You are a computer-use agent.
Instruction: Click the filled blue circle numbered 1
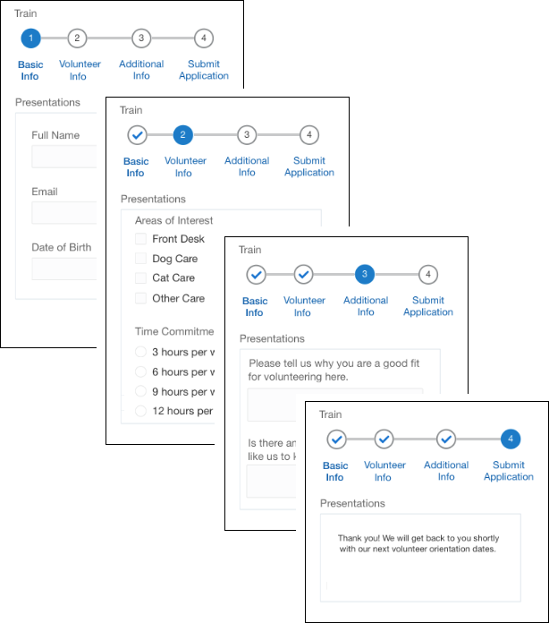click(30, 38)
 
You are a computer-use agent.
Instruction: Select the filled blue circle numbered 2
click(182, 135)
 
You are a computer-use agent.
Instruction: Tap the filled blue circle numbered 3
click(365, 274)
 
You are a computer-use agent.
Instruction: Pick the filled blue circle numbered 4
click(510, 439)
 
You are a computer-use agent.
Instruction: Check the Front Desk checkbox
click(140, 239)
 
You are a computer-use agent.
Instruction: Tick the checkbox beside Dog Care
click(140, 259)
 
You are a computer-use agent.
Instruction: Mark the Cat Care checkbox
click(140, 278)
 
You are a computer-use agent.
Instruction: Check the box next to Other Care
click(140, 298)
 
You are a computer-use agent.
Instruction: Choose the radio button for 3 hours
click(140, 352)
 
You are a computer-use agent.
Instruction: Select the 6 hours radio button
click(140, 371)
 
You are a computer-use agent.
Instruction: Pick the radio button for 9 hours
click(140, 391)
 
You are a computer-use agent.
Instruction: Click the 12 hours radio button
click(140, 411)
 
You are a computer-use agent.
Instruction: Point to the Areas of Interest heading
click(173, 220)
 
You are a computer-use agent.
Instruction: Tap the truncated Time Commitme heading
click(174, 331)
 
